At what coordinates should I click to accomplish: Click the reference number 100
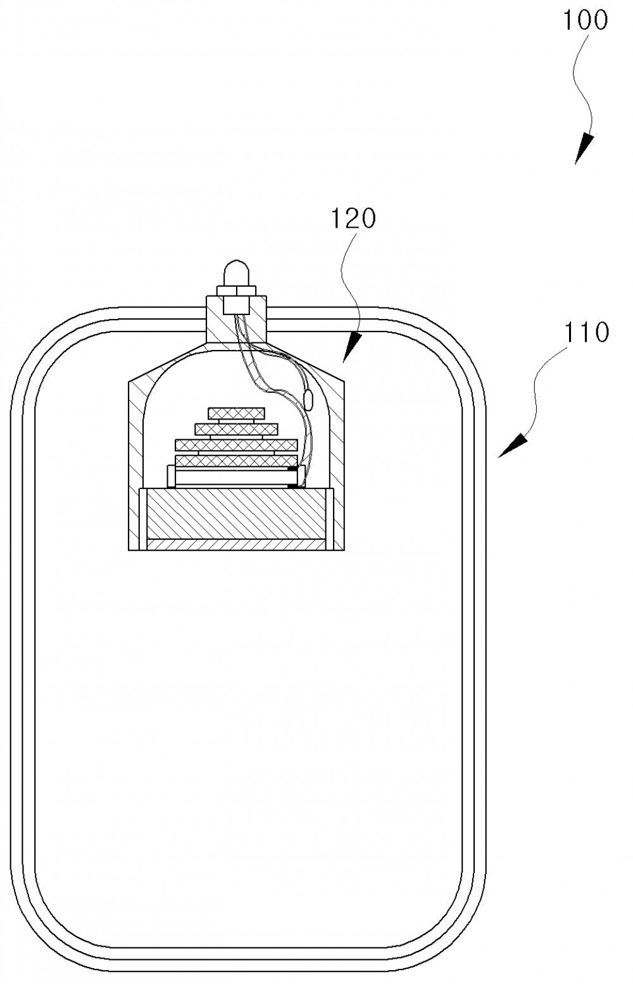[585, 20]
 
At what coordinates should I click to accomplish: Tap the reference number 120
[353, 218]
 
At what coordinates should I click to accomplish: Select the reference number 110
[586, 332]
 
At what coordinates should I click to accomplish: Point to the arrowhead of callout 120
[352, 347]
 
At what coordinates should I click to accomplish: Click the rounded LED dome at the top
[236, 273]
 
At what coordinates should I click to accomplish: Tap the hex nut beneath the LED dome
[236, 291]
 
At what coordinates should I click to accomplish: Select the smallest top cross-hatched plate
[237, 413]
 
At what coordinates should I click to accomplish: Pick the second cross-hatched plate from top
[236, 429]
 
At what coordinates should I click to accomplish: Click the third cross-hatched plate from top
[236, 445]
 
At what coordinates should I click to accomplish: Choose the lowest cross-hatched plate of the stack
[236, 461]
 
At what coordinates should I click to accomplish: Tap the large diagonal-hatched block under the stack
[237, 513]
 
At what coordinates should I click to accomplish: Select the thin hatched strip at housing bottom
[237, 544]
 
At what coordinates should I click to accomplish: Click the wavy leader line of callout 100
[584, 84]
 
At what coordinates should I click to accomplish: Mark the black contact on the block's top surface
[294, 486]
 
